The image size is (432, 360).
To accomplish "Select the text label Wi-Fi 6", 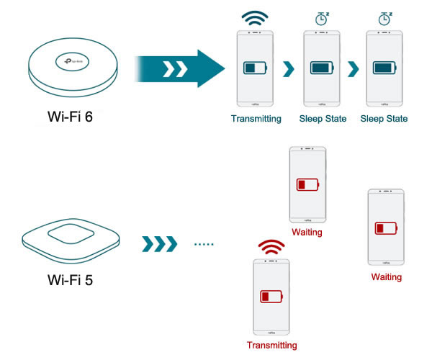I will coord(70,117).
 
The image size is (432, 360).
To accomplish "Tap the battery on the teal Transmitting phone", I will coord(255,68).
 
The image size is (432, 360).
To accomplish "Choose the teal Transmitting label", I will coord(256,119).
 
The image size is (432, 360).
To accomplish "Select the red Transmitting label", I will coord(271,345).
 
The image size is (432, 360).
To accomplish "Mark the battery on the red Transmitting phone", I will coord(271,296).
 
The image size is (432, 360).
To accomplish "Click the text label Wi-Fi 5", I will coord(70,279).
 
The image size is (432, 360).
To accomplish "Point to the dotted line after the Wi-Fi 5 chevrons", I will coord(204,244).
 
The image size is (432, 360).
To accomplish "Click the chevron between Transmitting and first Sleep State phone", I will coord(288,69).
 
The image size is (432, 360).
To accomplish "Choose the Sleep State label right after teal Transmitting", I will coord(323,119).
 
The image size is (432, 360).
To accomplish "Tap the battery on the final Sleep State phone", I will coord(386,68).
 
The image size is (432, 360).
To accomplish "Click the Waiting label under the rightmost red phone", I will coord(387,276).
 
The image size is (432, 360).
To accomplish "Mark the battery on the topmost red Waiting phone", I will coord(307,185).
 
